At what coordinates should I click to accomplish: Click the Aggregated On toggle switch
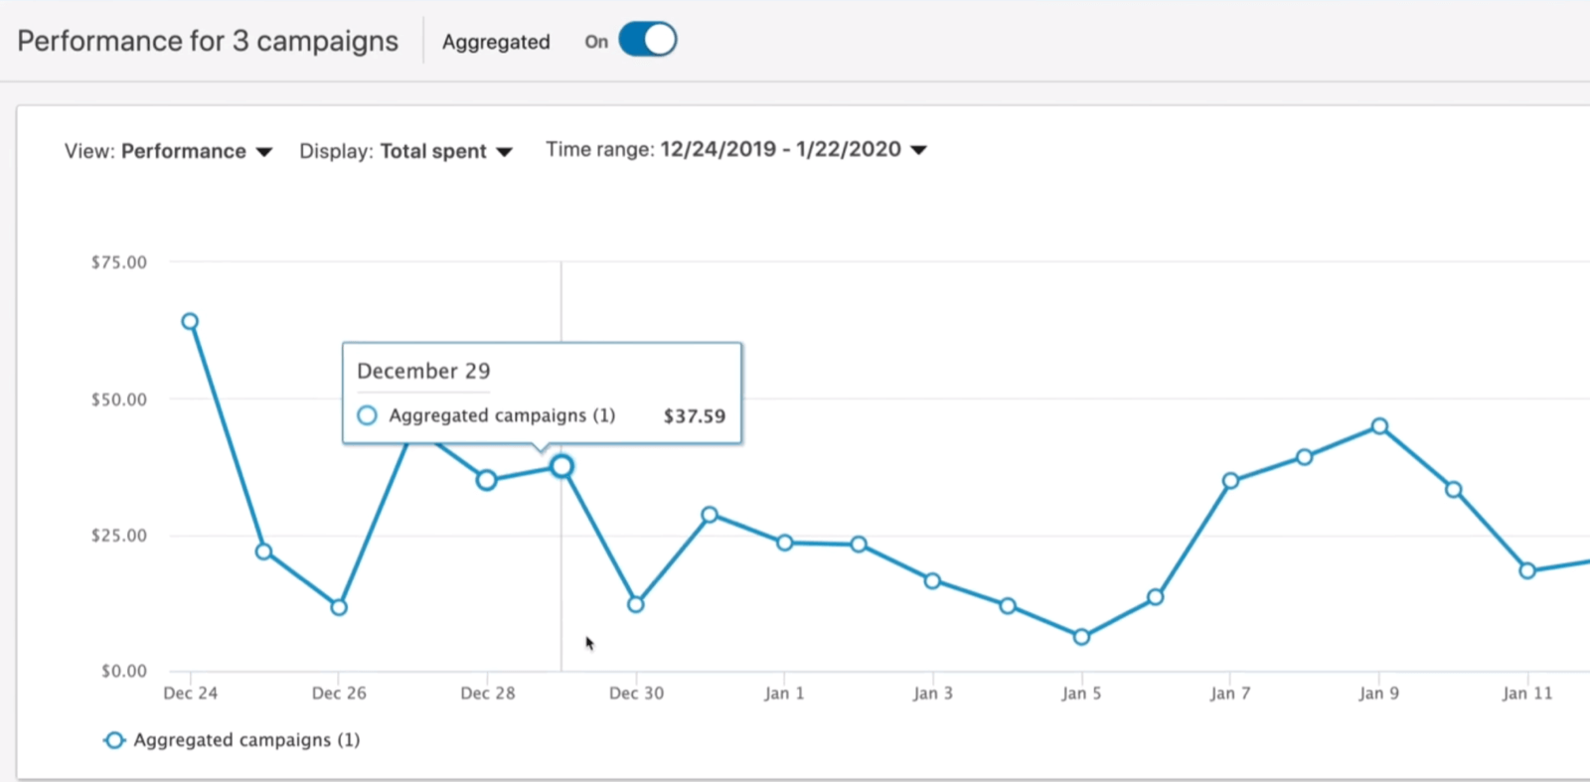coord(647,41)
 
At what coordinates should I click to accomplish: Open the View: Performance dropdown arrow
coord(263,152)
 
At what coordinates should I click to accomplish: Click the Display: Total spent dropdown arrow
coord(504,152)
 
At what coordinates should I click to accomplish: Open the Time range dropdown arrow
coord(918,150)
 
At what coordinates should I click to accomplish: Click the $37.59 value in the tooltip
coord(694,416)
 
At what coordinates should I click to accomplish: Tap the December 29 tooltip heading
coord(423,372)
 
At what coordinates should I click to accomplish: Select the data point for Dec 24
coord(190,322)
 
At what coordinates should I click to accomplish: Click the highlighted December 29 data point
coord(561,466)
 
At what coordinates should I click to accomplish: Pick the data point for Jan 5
coord(1081,637)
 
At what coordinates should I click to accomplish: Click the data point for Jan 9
coord(1379,426)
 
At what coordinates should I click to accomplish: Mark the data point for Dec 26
coord(339,607)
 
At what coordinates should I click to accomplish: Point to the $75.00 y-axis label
coord(118,262)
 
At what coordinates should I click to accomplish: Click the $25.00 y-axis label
coord(118,536)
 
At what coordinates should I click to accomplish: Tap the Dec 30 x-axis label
coord(636,694)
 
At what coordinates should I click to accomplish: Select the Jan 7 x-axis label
coord(1230,694)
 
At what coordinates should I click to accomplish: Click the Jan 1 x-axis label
coord(784,694)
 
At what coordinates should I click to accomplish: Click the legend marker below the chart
coord(114,740)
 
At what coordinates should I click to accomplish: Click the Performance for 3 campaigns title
coord(208,42)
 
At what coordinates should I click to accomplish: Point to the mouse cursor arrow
coord(589,643)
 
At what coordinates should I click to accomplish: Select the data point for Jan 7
coord(1230,481)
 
